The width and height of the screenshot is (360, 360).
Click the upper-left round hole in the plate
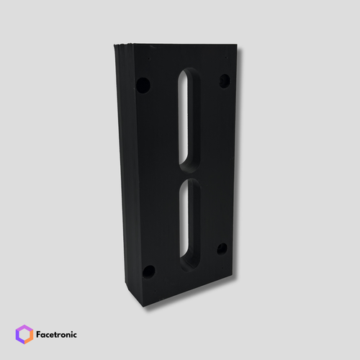coord(143,86)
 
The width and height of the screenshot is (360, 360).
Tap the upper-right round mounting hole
coord(225,81)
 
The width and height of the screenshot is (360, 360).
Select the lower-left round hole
coord(148,272)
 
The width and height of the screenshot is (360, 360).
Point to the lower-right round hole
coord(222,249)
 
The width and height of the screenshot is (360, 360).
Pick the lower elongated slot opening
coord(189,225)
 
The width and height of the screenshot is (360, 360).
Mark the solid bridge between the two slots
coord(189,175)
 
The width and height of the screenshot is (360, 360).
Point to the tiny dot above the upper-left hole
coord(149,58)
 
